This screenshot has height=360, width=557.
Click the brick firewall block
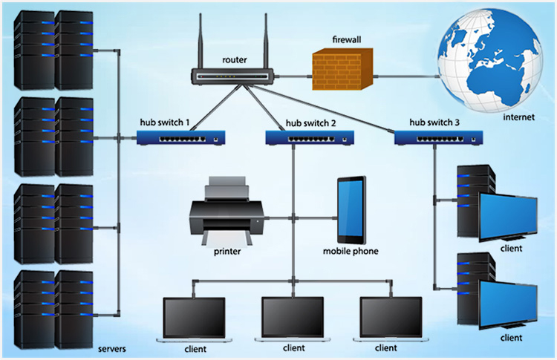pos(342,69)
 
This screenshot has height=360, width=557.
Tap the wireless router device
pos(233,76)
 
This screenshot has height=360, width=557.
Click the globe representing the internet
pos(490,59)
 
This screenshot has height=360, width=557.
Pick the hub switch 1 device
pos(180,137)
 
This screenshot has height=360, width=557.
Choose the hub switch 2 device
pos(310,137)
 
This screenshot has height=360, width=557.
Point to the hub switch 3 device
pos(439,137)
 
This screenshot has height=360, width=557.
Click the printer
pos(227,211)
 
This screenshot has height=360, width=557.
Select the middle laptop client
pos(293,319)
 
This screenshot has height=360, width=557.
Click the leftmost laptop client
pos(195,319)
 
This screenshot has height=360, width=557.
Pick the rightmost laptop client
pos(391,319)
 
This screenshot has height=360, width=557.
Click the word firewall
pos(347,40)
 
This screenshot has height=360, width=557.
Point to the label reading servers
pos(112,349)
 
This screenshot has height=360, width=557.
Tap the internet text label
pos(518,117)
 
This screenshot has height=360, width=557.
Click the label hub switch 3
pos(434,122)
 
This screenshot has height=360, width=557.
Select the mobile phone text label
pos(351,252)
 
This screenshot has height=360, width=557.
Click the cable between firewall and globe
pos(405,76)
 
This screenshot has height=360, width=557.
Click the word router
pos(235,60)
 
